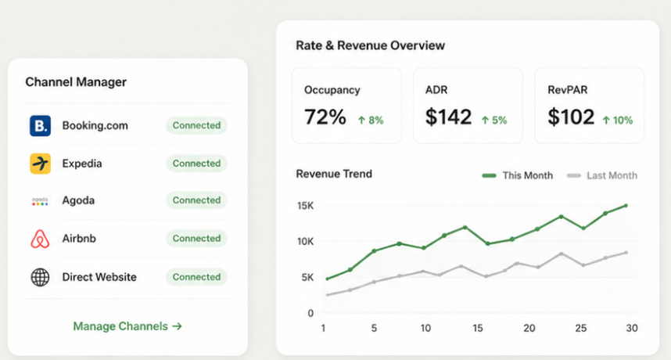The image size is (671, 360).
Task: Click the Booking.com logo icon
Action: point(40,126)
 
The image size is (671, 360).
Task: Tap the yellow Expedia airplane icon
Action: point(40,164)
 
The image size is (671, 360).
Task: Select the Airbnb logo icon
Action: point(40,239)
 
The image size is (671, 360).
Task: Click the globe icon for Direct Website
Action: point(40,277)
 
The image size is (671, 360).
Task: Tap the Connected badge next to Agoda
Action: point(196,200)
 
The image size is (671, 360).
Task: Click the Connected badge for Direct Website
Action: point(196,277)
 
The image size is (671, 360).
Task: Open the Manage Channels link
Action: point(127,326)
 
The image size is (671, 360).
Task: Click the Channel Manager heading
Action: point(76,81)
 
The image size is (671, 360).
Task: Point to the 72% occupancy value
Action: point(325,117)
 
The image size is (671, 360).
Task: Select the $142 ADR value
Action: point(448,117)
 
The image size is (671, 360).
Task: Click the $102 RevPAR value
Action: point(571,117)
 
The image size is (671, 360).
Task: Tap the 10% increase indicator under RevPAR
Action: point(618,121)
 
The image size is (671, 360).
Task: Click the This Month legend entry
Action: point(518,175)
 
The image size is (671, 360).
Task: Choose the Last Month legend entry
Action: point(601,175)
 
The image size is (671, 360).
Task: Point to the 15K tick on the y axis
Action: point(306,206)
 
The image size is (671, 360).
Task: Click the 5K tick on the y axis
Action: point(307,277)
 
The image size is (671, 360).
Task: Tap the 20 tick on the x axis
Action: point(529,329)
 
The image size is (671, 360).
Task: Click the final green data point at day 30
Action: point(626,206)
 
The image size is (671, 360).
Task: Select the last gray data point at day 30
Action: point(626,253)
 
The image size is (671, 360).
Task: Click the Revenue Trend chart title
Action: point(334,174)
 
